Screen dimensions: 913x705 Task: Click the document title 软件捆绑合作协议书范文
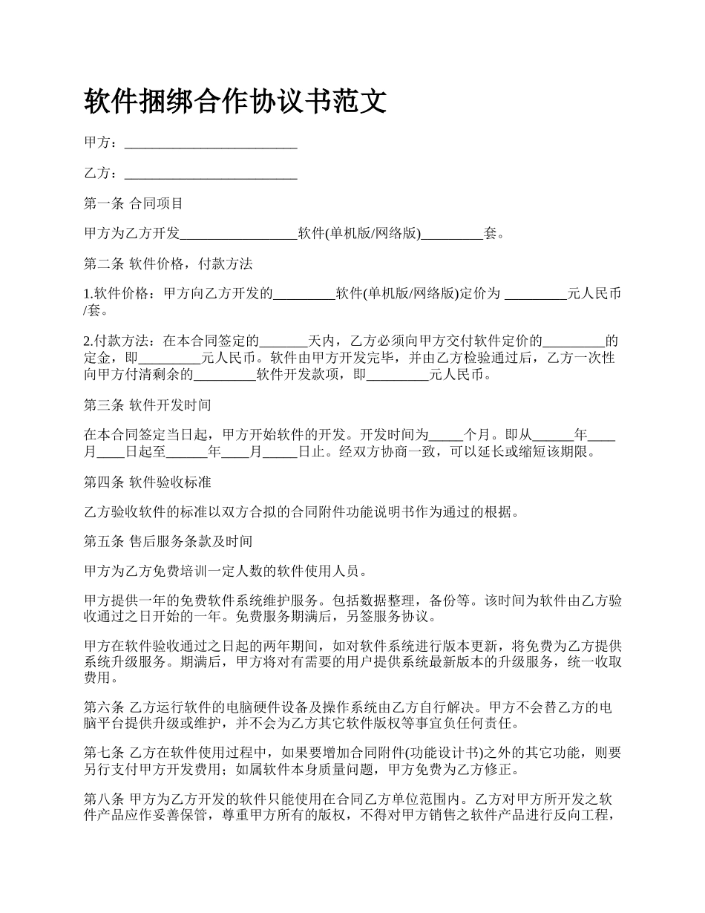(235, 101)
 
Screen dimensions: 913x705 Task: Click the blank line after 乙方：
(211, 174)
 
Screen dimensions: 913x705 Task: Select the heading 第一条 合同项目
(134, 203)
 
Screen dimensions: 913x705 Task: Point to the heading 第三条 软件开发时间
(148, 405)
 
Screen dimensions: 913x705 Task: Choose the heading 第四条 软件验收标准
(148, 482)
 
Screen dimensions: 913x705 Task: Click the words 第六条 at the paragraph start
(105, 707)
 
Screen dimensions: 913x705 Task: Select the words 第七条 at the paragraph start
(105, 753)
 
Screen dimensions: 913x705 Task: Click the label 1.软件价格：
(121, 295)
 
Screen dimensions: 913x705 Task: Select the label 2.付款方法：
(121, 342)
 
